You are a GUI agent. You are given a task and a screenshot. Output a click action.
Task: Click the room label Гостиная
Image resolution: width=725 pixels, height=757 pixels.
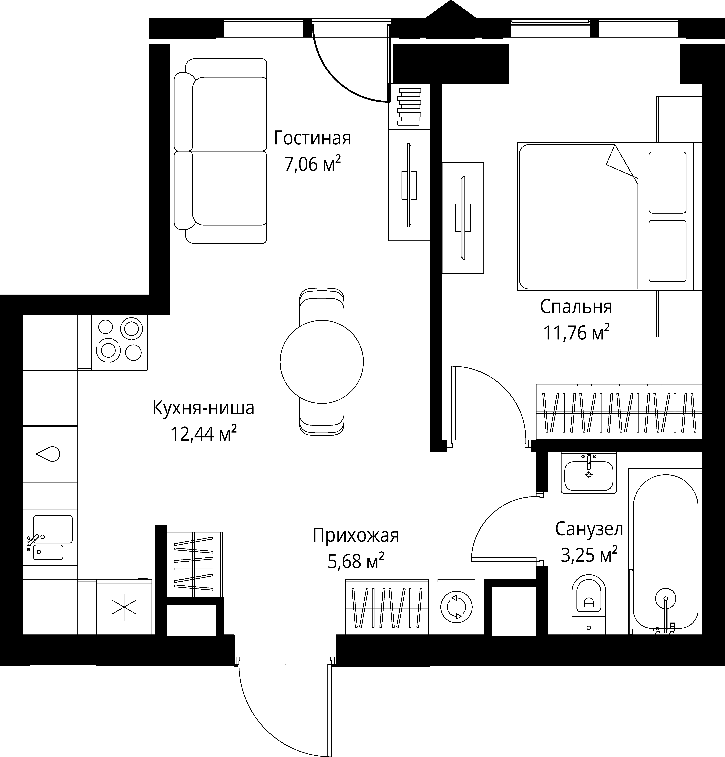pyautogui.click(x=312, y=138)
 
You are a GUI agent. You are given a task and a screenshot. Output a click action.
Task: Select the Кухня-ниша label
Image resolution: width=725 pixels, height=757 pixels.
pyautogui.click(x=203, y=408)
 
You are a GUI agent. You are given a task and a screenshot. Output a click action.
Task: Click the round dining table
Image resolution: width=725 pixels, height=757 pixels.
pyautogui.click(x=322, y=362)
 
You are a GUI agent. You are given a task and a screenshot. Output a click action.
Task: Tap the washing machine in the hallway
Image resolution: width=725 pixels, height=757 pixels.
pyautogui.click(x=456, y=607)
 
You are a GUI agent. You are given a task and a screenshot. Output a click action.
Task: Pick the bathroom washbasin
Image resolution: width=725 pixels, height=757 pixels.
pyautogui.click(x=589, y=473)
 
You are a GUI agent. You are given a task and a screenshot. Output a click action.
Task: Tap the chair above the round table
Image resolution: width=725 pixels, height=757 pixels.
pyautogui.click(x=322, y=305)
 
